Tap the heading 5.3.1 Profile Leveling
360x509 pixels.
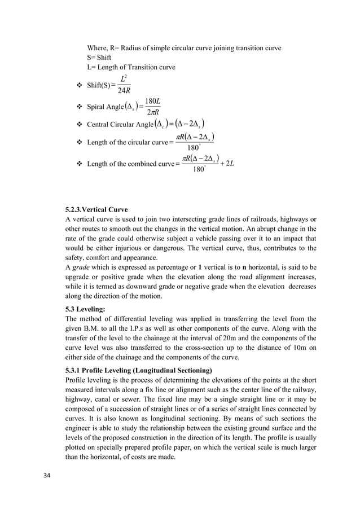[139, 370]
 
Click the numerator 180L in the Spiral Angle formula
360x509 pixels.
[152, 102]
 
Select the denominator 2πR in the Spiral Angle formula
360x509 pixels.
[152, 112]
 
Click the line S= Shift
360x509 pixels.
[99, 58]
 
